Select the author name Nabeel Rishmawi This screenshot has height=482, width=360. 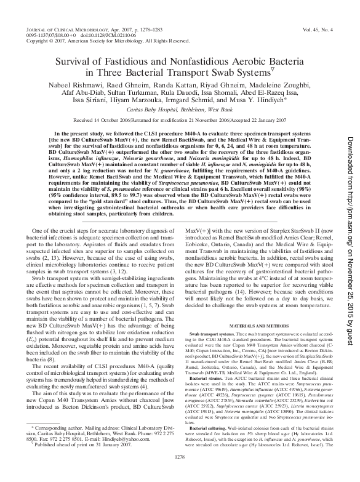coord(66,87)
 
